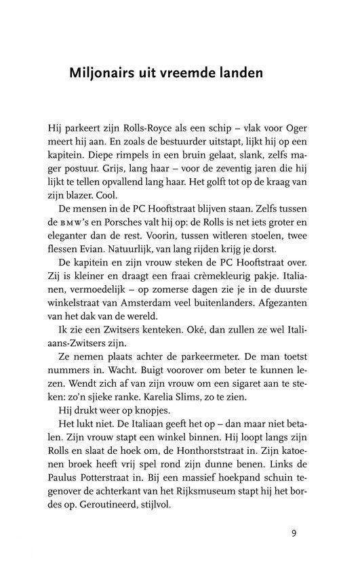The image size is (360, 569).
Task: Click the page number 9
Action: pos(294,532)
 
